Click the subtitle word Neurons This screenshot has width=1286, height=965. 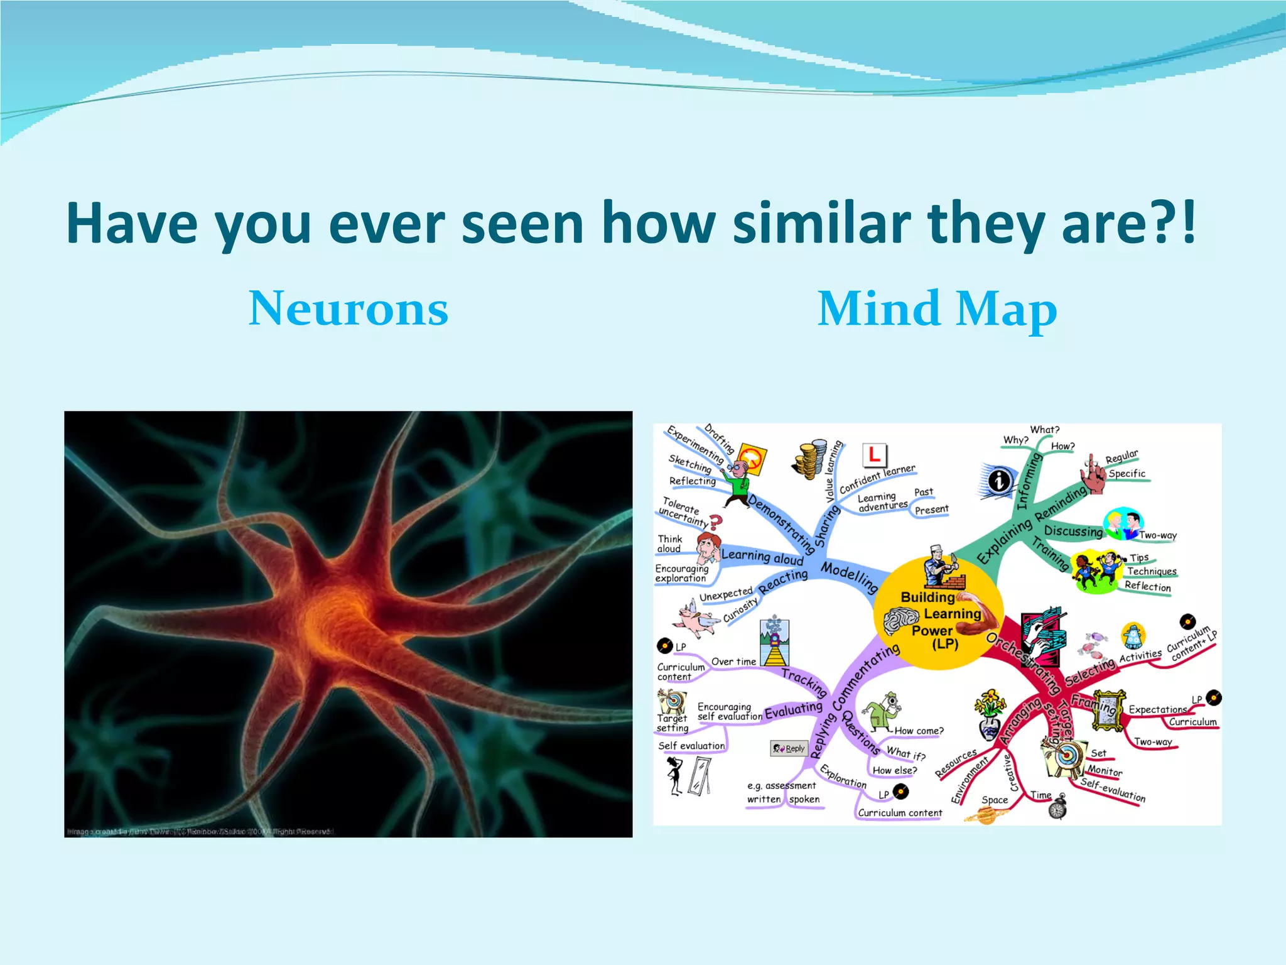(349, 308)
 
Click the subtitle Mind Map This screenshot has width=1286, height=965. (937, 308)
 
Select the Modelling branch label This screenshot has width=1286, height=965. (849, 577)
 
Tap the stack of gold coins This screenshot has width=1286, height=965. (811, 459)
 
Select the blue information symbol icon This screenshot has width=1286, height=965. (999, 481)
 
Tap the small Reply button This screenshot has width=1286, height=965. (789, 748)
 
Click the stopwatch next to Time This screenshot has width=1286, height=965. (1057, 808)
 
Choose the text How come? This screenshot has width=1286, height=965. (919, 731)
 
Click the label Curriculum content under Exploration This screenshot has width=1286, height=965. (900, 813)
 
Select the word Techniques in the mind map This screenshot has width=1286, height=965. (1152, 571)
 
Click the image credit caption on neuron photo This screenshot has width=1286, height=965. (201, 831)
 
